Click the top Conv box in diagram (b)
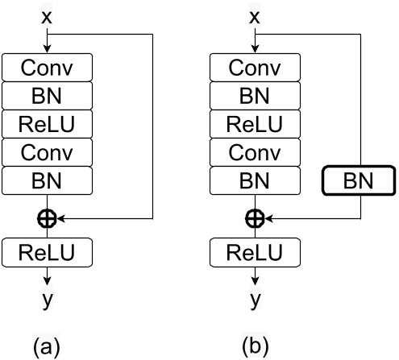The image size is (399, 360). click(x=256, y=68)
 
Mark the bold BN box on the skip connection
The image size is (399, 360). click(x=359, y=180)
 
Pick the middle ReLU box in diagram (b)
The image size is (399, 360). click(x=256, y=124)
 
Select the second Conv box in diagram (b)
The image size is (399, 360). click(x=256, y=151)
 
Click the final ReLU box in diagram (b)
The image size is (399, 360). click(x=256, y=254)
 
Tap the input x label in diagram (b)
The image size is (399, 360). click(x=256, y=16)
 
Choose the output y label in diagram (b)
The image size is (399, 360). click(x=256, y=300)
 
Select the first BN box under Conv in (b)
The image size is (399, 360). click(x=256, y=96)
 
